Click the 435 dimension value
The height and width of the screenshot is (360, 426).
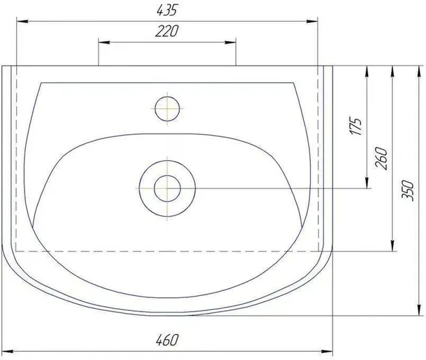167,10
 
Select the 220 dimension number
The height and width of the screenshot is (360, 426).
167,31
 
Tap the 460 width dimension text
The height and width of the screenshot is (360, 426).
168,340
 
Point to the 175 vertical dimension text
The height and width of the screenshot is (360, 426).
356,126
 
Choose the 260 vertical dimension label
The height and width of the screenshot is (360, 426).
380,158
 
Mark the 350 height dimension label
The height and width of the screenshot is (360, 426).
408,190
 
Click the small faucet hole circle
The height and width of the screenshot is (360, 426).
168,108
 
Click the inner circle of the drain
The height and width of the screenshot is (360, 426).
168,188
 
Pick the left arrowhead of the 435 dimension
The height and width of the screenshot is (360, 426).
22,21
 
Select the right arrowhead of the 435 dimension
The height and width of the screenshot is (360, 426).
312,21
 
